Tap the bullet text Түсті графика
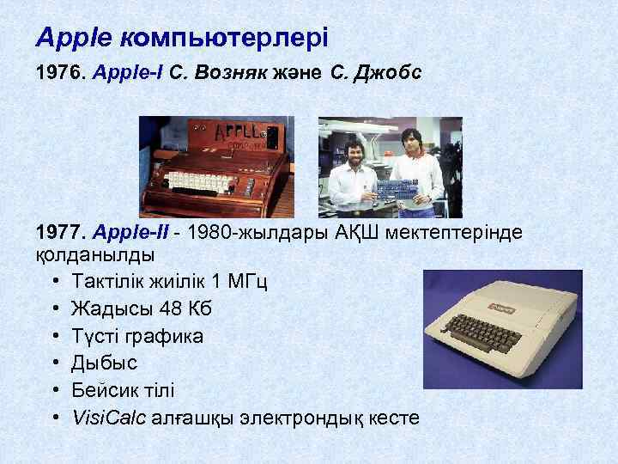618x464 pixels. (x=137, y=335)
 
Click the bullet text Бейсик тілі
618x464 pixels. (x=123, y=390)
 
